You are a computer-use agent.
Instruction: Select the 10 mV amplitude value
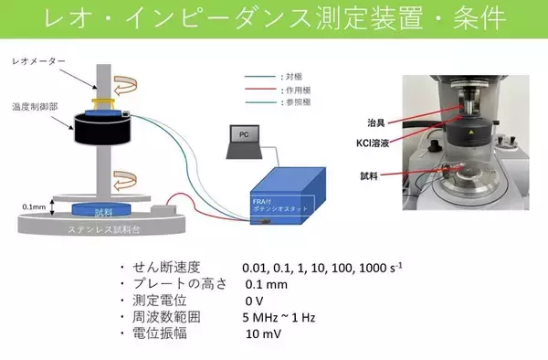coord(264,334)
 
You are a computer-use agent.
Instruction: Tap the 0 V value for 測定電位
coord(255,301)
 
